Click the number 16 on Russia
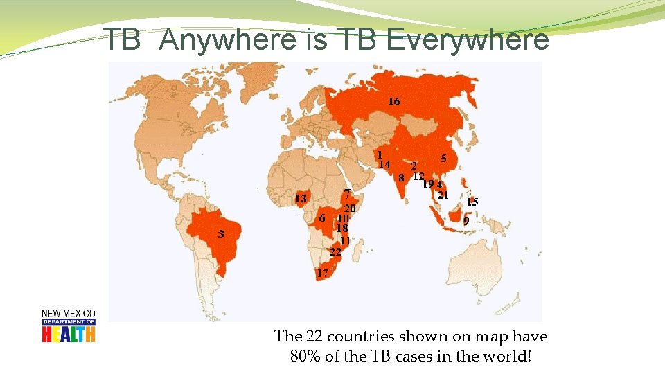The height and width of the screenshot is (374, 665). point(393,102)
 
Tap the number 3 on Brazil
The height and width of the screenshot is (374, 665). point(221,233)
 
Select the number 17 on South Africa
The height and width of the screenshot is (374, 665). point(322,273)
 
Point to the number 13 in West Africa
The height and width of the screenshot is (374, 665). point(301,199)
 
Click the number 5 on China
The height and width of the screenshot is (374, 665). point(443,159)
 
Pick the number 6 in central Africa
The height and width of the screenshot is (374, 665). point(322,218)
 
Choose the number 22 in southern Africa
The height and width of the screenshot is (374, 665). point(335,251)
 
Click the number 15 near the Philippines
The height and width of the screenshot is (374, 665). point(472,203)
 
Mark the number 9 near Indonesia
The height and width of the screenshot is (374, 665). point(466,221)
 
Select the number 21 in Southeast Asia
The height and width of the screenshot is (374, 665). point(443,195)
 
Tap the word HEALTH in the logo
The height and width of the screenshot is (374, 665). point(69,335)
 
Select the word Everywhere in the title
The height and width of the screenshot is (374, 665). point(468,40)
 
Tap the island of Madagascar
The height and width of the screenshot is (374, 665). point(366,253)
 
